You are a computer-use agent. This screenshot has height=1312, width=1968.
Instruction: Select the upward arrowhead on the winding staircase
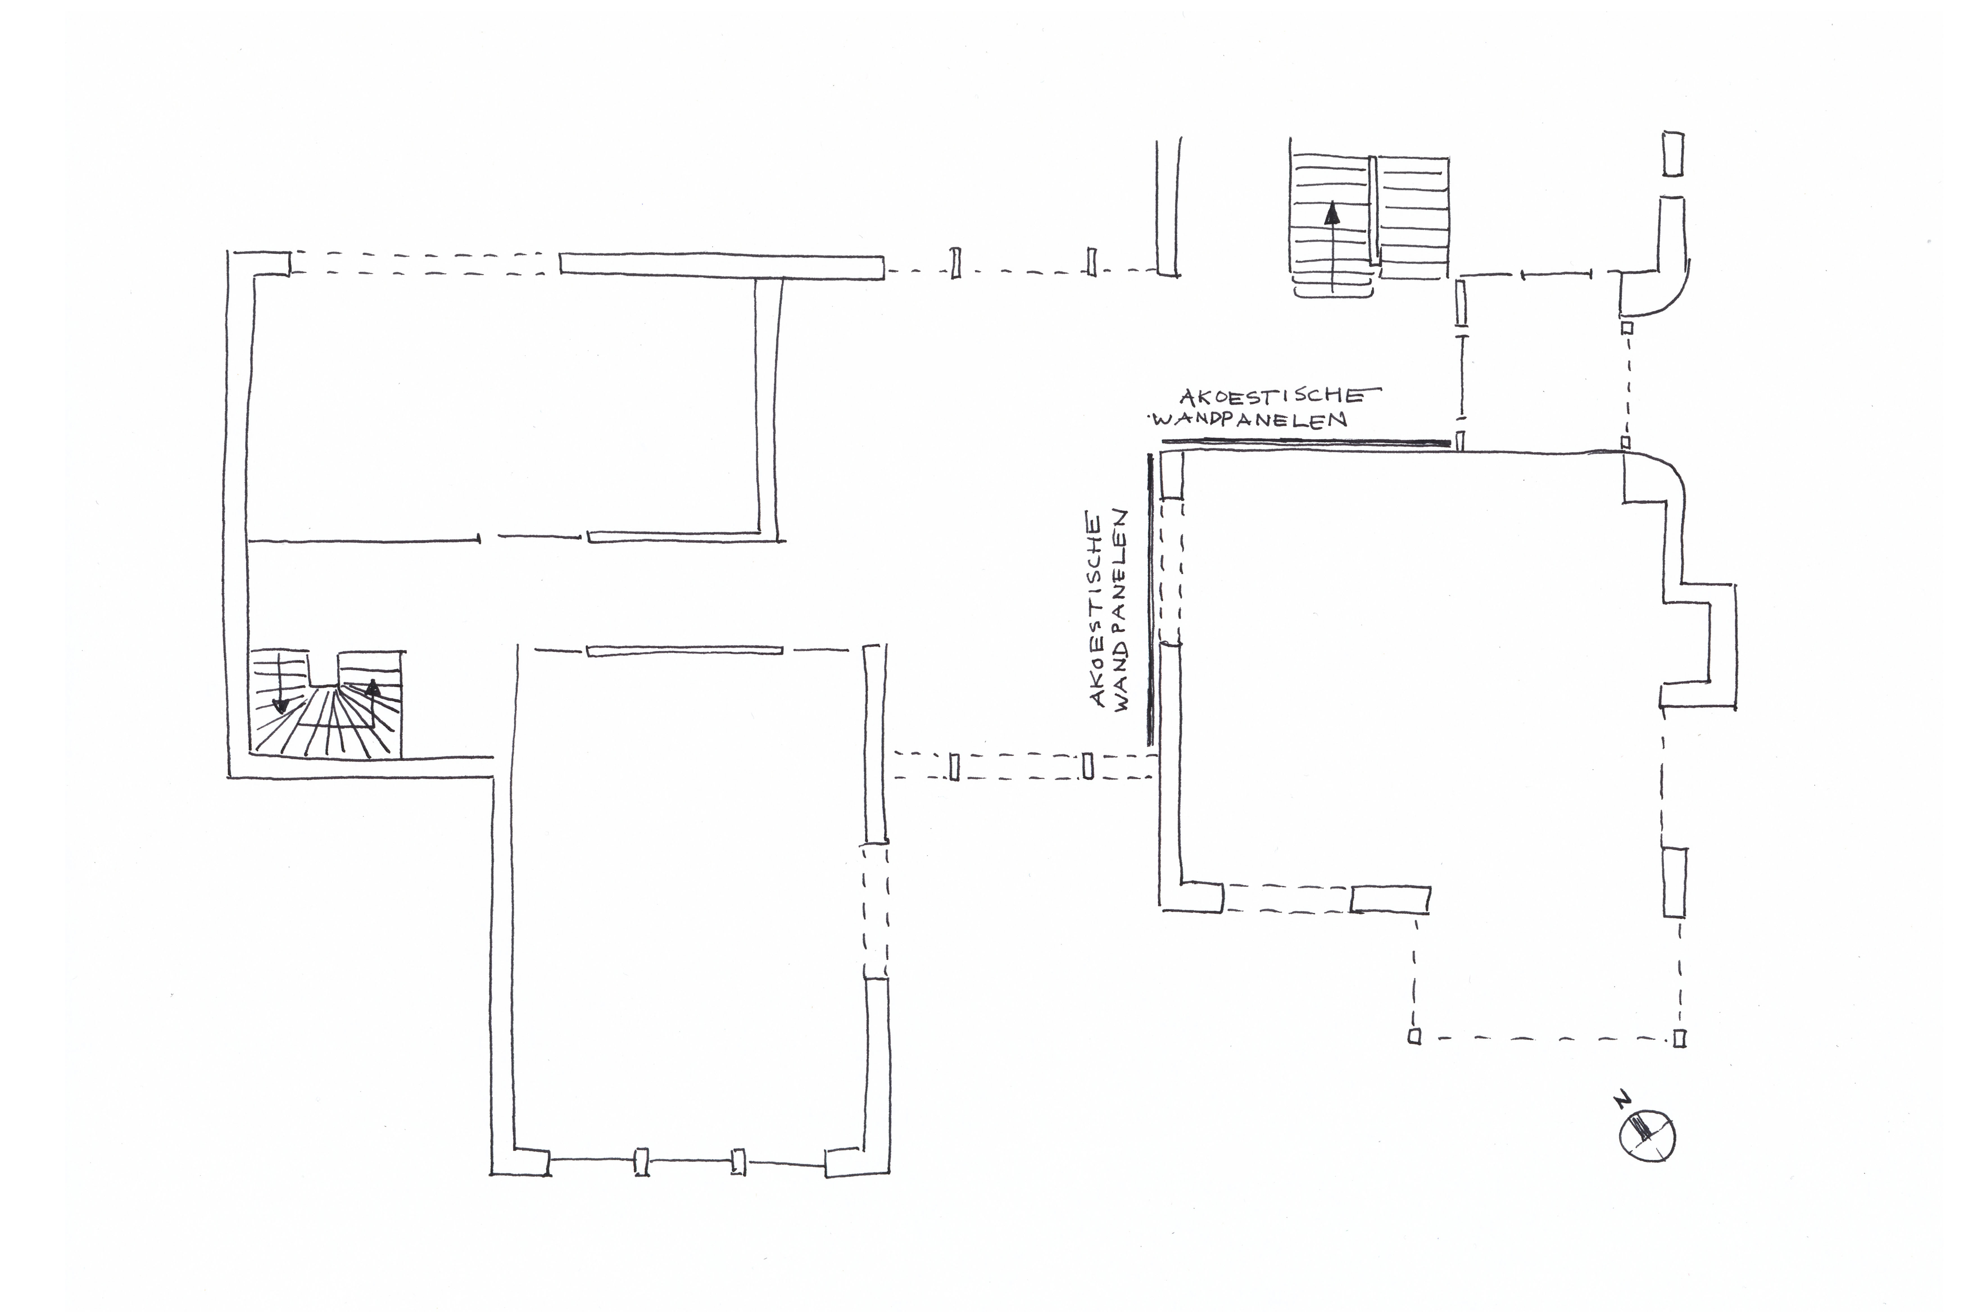372,689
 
